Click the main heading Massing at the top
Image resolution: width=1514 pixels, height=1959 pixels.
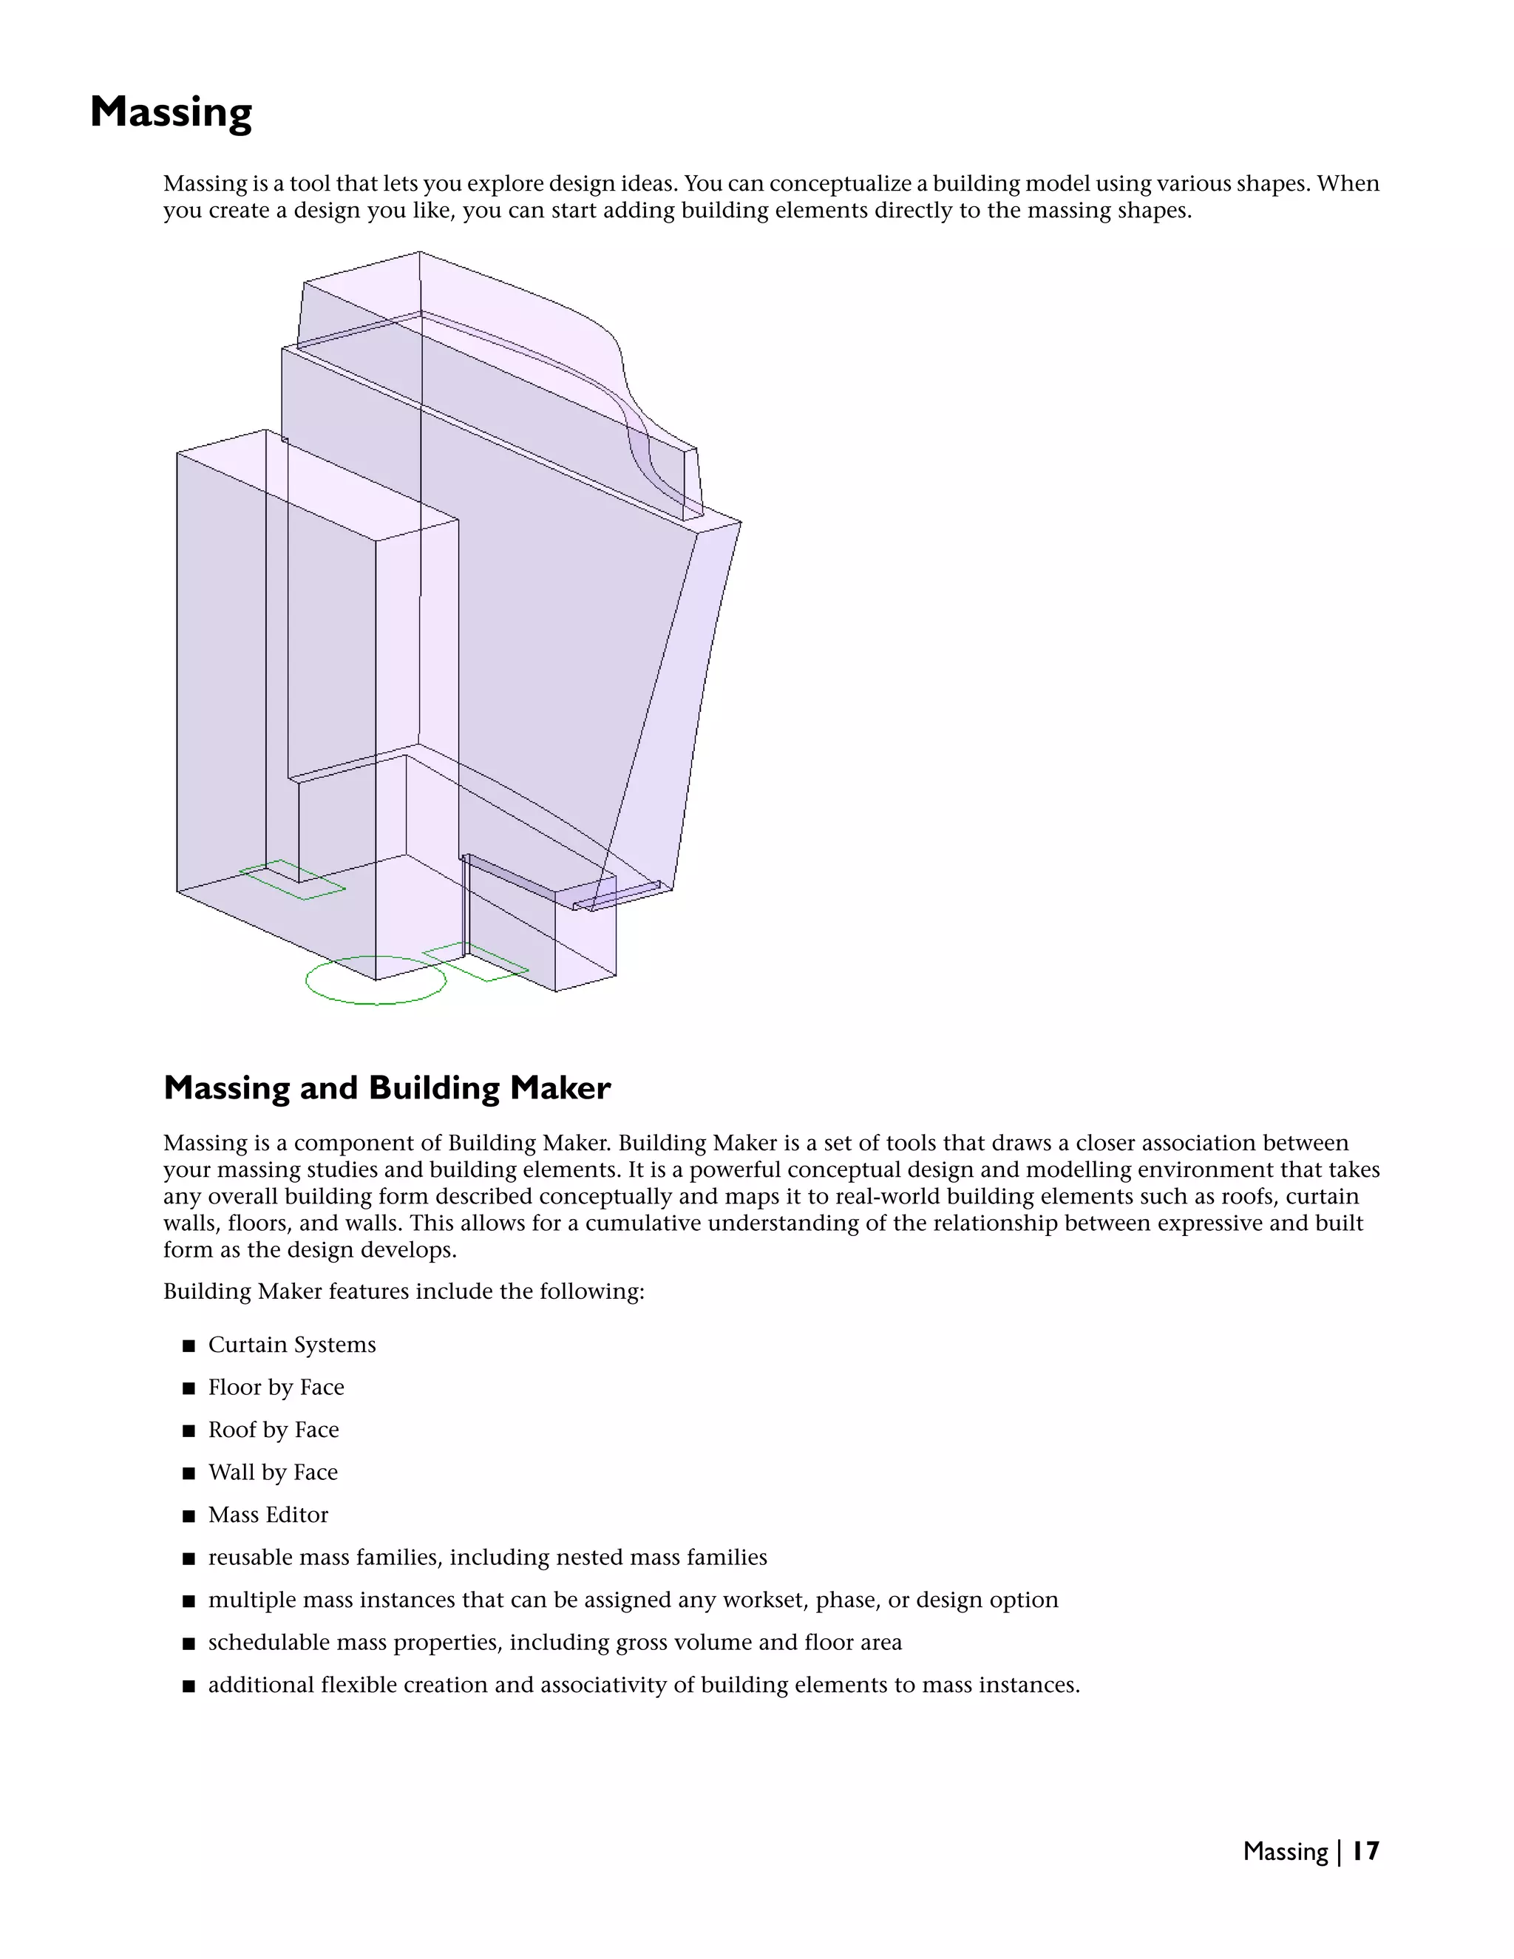click(x=171, y=113)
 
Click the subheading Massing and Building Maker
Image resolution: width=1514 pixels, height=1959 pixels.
click(x=387, y=1088)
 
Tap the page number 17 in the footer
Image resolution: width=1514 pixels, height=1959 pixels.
click(x=1365, y=1850)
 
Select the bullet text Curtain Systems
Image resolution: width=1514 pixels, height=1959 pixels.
click(x=291, y=1345)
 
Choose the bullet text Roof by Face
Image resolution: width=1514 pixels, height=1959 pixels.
click(x=273, y=1430)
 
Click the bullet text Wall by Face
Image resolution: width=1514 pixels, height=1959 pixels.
click(x=273, y=1472)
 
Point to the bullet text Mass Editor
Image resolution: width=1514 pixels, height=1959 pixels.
click(x=268, y=1515)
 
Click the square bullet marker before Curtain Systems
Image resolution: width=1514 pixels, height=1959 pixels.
click(x=189, y=1345)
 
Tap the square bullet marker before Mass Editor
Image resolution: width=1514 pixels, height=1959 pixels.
click(x=189, y=1516)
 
